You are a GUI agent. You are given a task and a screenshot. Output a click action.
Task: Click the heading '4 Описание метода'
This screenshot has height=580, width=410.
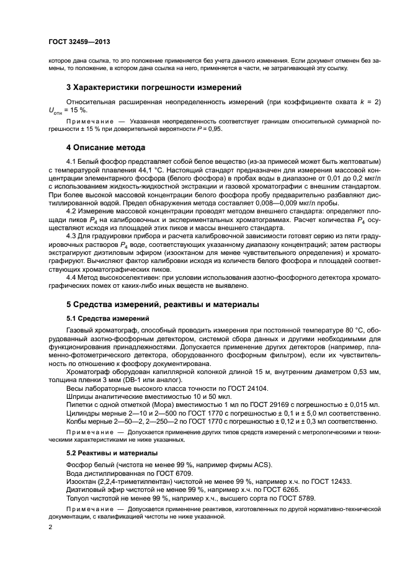[x=105, y=148]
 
